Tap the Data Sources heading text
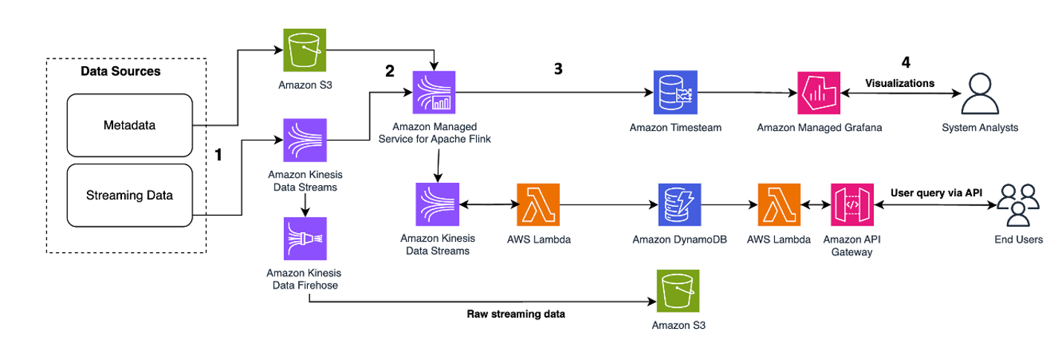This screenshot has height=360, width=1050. pyautogui.click(x=120, y=71)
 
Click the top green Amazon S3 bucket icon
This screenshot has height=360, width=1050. pyautogui.click(x=304, y=51)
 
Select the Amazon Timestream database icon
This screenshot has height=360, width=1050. pyautogui.click(x=674, y=92)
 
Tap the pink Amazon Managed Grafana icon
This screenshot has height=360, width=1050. pyautogui.click(x=819, y=93)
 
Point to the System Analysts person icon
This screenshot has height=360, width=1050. pyautogui.click(x=979, y=93)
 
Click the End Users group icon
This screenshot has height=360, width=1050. pyautogui.click(x=1018, y=205)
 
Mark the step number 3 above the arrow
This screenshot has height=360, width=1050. pyautogui.click(x=558, y=68)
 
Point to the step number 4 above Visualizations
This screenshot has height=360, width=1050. pyautogui.click(x=905, y=62)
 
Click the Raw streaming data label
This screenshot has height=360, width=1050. pyautogui.click(x=516, y=314)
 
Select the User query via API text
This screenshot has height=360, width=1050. pyautogui.click(x=936, y=193)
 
